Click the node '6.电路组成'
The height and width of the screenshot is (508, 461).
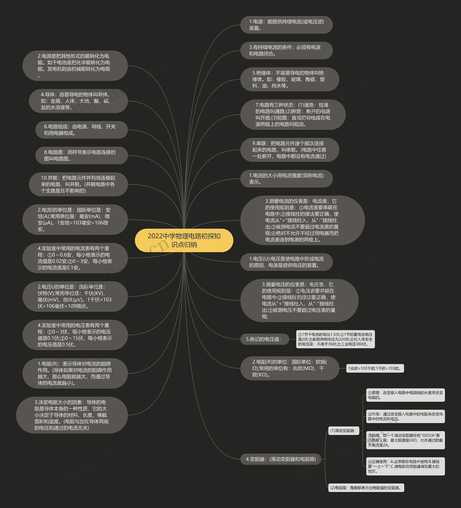[x=81, y=130]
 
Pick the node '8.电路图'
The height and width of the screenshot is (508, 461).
[x=81, y=155]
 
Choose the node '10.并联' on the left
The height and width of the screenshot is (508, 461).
[x=78, y=184]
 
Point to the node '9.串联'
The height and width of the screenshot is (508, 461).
[x=289, y=150]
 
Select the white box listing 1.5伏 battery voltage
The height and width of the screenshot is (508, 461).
[x=335, y=339]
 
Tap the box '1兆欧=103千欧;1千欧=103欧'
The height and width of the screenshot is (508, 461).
[x=375, y=368]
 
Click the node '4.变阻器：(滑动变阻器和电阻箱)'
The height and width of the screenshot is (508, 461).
[x=281, y=459]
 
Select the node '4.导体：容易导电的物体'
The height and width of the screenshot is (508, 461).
[x=78, y=101]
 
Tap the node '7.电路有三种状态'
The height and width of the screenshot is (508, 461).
[x=293, y=115]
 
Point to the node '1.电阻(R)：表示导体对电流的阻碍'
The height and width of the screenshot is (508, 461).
[x=75, y=373]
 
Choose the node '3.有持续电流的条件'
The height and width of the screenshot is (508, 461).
[x=286, y=50]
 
